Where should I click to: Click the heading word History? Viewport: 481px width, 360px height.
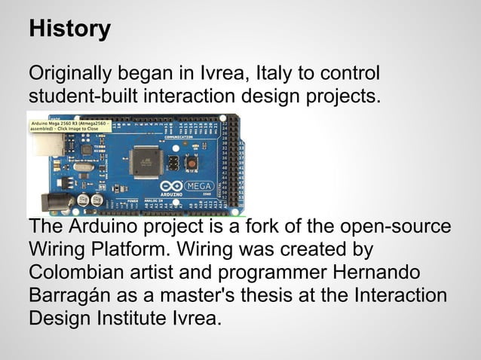69,29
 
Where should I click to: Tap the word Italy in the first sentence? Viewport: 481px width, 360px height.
277,75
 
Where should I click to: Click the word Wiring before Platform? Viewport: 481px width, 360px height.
59,249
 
